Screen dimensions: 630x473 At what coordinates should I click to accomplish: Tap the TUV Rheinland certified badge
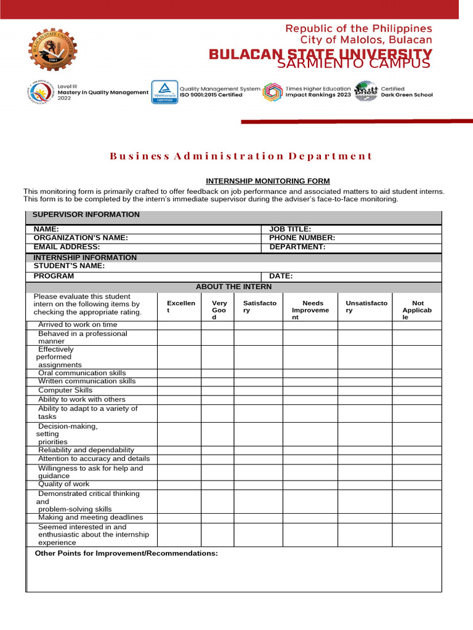164,92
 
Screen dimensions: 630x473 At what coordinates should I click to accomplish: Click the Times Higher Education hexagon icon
272,92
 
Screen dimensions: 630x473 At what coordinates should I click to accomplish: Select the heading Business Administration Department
241,156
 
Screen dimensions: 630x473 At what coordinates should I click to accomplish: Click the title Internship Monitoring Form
268,181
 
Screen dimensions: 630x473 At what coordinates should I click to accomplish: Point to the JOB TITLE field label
290,229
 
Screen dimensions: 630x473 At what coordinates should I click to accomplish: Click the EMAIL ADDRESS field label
67,247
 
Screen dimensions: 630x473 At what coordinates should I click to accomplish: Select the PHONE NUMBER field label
302,237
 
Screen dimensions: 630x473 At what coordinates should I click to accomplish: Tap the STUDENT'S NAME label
69,266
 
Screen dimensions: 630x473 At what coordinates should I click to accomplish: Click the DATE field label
280,276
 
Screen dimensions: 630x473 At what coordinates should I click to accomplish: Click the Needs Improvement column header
310,310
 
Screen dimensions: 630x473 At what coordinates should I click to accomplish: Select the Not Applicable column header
417,310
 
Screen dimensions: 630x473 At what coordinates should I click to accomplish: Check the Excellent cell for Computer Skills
179,391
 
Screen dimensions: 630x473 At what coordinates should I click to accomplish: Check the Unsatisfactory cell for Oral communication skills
365,373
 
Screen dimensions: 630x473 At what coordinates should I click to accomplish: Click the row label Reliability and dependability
86,450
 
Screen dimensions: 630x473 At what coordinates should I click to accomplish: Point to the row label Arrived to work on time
77,325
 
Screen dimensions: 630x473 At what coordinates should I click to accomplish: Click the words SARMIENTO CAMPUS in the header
353,64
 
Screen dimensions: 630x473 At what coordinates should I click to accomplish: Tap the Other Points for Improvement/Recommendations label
126,554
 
